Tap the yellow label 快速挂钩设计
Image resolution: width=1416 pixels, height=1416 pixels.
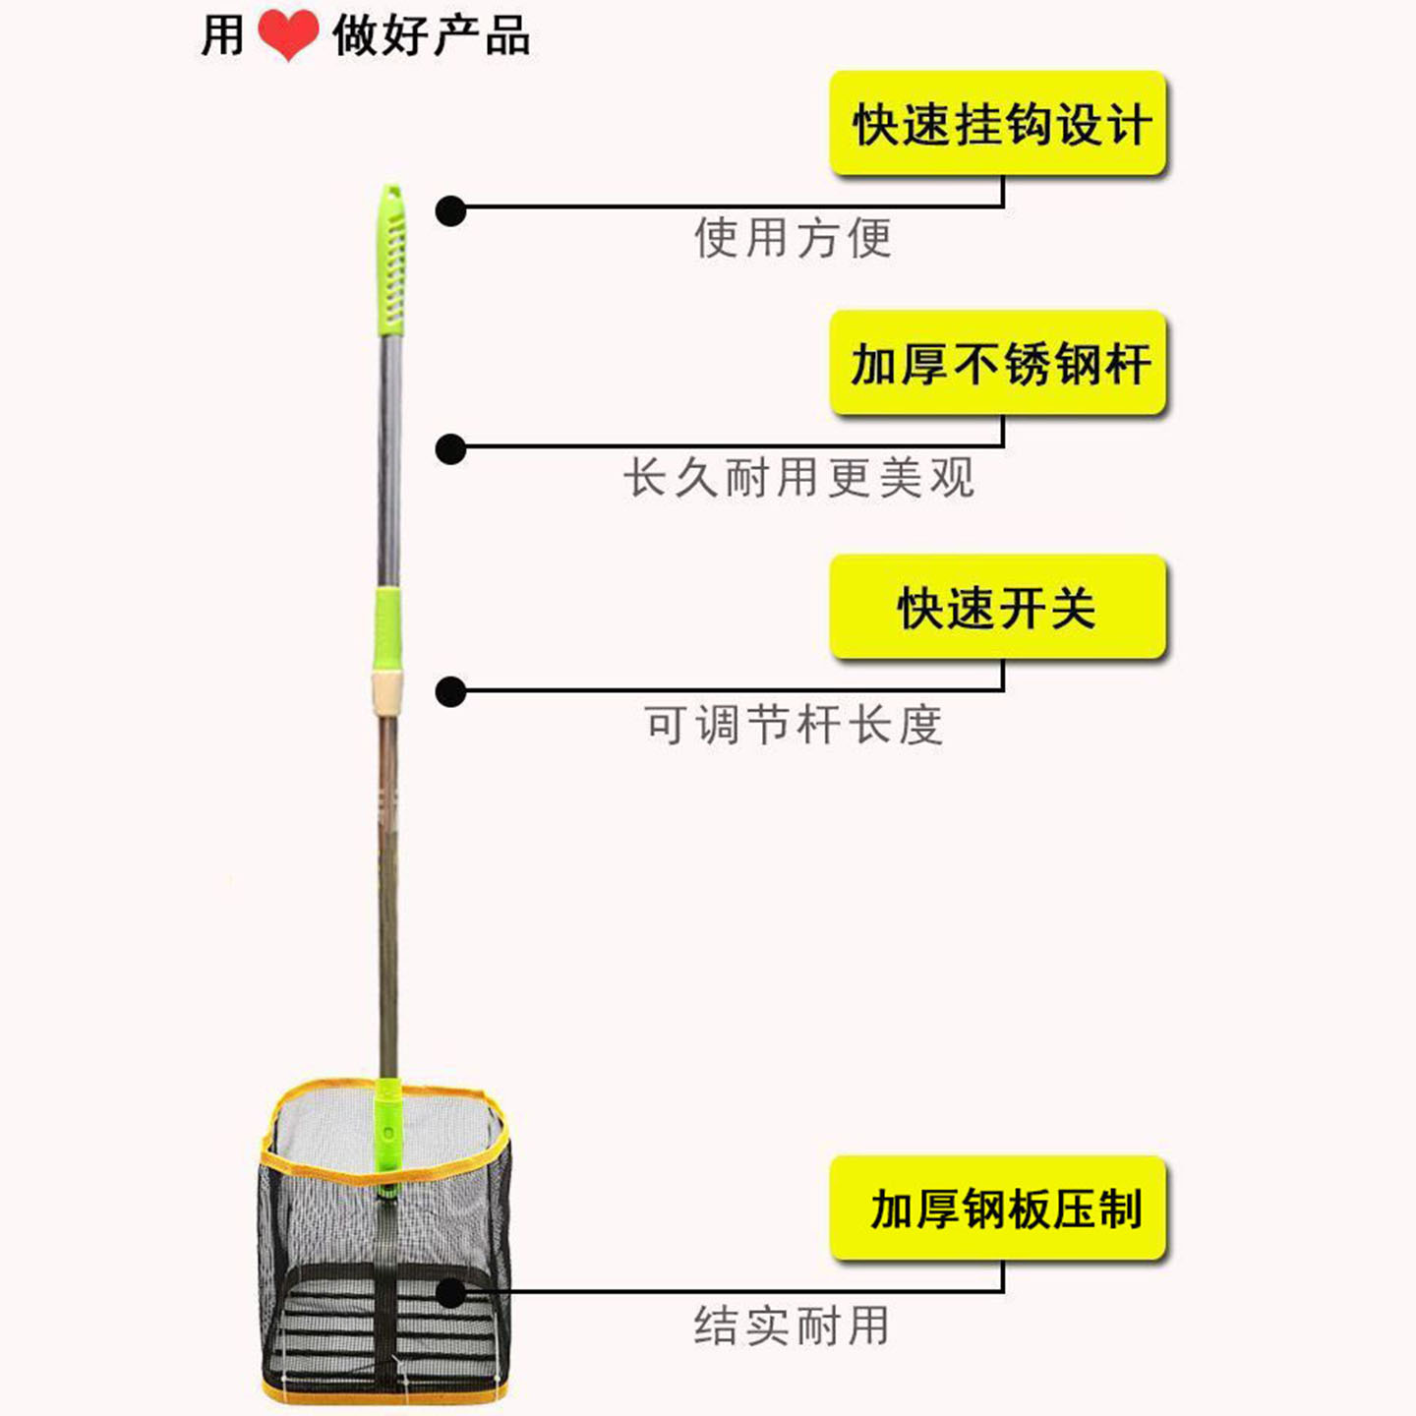[x=998, y=123]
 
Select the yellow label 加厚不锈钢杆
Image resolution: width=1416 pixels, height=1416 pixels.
[x=998, y=362]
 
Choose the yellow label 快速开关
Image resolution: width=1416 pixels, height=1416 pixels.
[x=998, y=607]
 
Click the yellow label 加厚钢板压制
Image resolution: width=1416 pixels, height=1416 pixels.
[x=998, y=1208]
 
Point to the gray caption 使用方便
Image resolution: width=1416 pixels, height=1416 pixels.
[x=794, y=238]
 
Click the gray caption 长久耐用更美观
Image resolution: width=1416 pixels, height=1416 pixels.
[x=799, y=478]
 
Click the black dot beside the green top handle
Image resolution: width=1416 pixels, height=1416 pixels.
[x=451, y=211]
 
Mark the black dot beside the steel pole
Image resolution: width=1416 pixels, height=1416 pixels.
[x=451, y=449]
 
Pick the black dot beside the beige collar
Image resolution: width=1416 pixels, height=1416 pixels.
[x=451, y=692]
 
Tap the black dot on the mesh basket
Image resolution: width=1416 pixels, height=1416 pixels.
[x=451, y=1292]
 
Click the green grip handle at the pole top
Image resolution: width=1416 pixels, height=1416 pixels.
[x=391, y=261]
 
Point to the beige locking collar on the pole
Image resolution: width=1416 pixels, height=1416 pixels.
[x=387, y=692]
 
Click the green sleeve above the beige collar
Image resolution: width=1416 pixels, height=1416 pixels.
[x=388, y=628]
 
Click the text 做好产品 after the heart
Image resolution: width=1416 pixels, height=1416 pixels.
[x=431, y=34]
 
